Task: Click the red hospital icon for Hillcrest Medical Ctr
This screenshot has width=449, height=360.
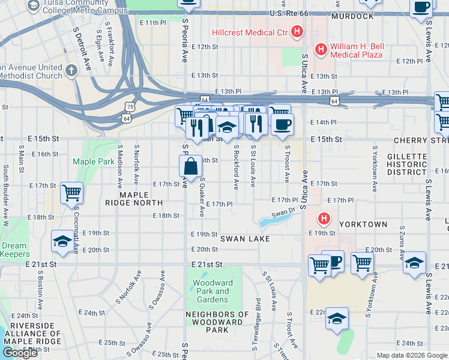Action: (x=296, y=32)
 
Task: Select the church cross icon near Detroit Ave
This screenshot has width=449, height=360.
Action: (x=71, y=71)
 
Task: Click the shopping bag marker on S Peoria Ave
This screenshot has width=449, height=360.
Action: (x=190, y=167)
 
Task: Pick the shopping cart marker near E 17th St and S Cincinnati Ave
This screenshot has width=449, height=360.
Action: (x=71, y=193)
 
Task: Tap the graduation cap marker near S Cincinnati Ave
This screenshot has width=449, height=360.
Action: (x=62, y=241)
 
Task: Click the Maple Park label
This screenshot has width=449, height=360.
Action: (x=85, y=161)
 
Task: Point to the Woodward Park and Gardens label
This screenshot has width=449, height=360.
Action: (x=214, y=292)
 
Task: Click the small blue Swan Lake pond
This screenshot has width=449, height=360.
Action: (x=268, y=223)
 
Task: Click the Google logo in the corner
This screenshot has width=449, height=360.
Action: (x=20, y=353)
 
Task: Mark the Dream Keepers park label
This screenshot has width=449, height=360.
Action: (x=14, y=250)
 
